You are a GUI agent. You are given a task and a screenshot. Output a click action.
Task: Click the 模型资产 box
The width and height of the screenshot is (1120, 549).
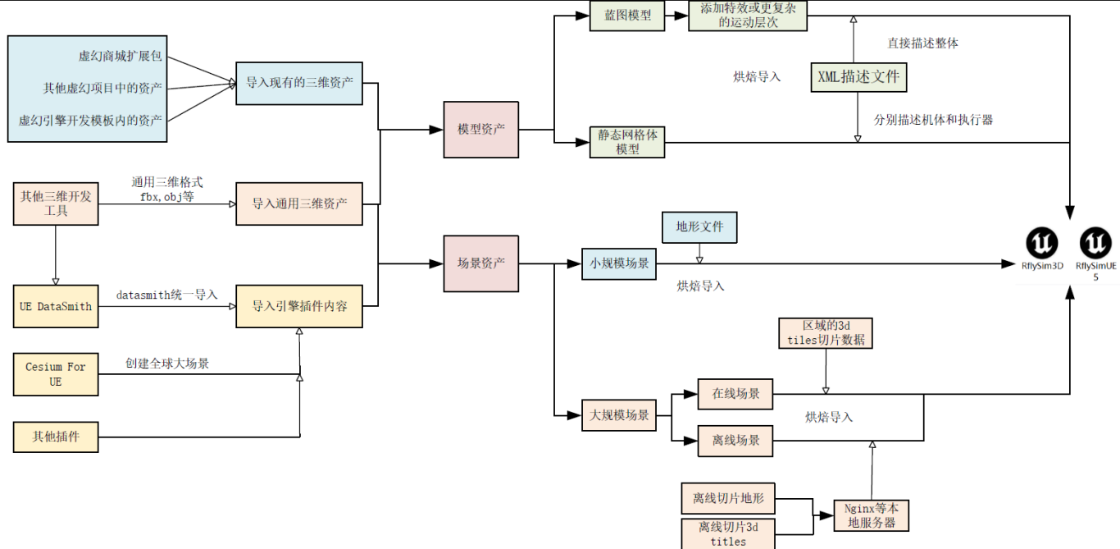click(x=481, y=130)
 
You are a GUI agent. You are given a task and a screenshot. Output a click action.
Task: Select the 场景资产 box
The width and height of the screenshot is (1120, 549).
click(x=481, y=263)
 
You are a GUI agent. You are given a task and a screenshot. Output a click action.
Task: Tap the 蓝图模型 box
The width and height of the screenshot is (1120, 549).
click(x=626, y=16)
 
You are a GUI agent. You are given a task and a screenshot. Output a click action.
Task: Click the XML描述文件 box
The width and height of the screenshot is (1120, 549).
click(x=858, y=77)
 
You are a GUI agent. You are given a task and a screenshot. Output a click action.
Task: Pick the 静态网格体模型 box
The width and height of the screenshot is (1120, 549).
click(x=627, y=142)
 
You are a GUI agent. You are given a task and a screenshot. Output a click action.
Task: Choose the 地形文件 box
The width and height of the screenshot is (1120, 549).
click(x=699, y=227)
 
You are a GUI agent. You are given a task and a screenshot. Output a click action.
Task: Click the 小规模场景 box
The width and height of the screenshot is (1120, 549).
click(x=619, y=263)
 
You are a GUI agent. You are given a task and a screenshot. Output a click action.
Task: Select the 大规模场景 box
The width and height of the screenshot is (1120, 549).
click(x=619, y=415)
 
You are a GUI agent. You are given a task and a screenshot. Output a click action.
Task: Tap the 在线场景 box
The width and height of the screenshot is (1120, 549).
click(x=735, y=394)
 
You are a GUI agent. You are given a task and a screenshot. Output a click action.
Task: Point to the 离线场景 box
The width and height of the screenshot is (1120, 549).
click(x=735, y=441)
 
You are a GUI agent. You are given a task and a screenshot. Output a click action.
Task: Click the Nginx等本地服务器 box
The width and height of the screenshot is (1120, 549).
click(x=871, y=515)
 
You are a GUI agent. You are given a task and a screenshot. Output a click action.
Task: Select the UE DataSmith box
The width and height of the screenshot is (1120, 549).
click(x=56, y=306)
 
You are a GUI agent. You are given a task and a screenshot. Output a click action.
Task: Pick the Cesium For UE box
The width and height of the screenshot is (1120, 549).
click(x=56, y=374)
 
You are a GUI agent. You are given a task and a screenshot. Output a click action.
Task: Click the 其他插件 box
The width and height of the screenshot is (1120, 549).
click(x=56, y=437)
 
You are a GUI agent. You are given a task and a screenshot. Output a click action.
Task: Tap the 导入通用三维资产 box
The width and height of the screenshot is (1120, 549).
click(x=299, y=204)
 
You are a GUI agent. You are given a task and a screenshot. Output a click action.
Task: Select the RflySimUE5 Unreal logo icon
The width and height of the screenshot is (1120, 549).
click(x=1095, y=244)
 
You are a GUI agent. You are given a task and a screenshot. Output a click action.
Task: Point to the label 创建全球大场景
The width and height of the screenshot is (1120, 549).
click(x=167, y=363)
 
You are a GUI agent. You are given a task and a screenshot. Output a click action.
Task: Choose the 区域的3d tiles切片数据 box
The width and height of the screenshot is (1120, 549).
click(x=826, y=333)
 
